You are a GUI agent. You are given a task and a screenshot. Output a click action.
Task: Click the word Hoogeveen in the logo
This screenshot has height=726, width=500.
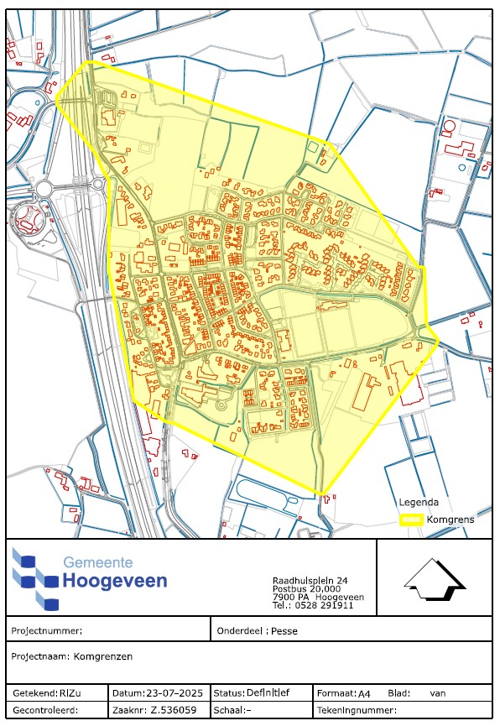(115, 581)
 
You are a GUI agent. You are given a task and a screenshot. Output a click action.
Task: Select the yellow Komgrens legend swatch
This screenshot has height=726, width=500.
(410, 520)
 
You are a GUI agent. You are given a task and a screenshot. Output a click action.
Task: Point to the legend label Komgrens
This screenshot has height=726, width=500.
(451, 520)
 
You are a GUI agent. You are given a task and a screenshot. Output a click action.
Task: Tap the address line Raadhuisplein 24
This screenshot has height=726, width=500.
(310, 581)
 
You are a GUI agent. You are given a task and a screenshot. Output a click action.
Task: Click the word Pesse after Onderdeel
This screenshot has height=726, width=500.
(284, 631)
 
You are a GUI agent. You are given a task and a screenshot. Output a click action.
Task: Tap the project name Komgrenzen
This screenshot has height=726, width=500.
(102, 656)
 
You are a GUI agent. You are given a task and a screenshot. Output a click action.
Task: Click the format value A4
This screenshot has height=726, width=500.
(364, 694)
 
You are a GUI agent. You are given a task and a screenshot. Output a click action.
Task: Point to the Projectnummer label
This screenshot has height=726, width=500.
(47, 631)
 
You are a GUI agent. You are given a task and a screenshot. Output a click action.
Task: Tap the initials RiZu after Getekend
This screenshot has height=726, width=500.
(70, 693)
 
